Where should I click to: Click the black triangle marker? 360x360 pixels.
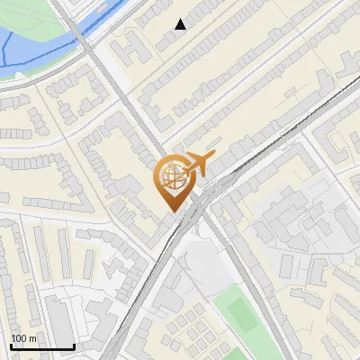tap(181, 24)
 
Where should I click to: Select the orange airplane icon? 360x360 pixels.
tap(195, 164)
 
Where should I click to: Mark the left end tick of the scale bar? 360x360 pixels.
tap(11, 346)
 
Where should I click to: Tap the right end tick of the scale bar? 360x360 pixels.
tap(74, 346)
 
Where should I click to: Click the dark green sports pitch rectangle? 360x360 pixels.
tap(241, 313)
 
